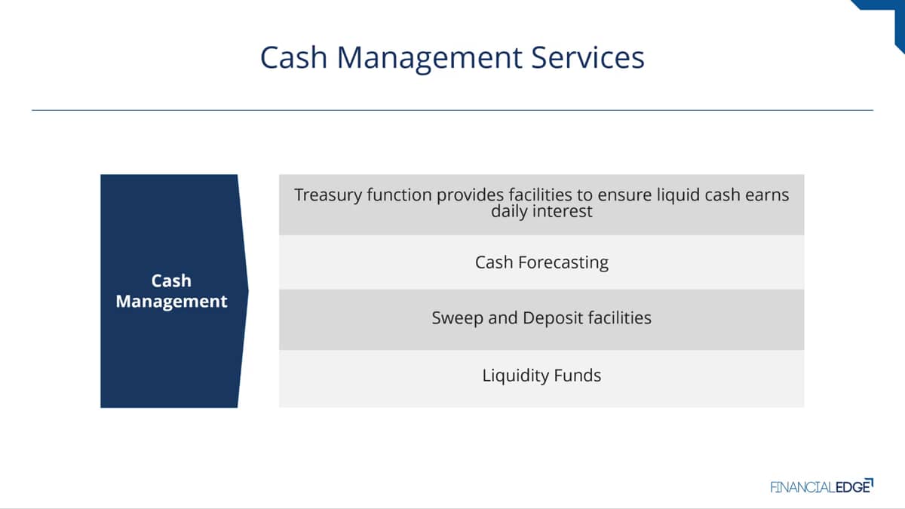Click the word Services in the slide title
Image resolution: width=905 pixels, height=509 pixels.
(x=587, y=57)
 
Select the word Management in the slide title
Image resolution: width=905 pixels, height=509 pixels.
(x=429, y=59)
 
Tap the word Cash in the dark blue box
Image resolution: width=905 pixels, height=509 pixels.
(x=171, y=281)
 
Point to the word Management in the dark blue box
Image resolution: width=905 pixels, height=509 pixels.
(x=171, y=302)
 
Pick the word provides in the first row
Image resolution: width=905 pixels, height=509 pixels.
(x=471, y=195)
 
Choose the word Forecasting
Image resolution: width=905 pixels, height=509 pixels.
(x=563, y=263)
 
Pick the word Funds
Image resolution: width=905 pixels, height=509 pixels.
(x=578, y=376)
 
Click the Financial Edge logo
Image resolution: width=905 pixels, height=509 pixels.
(x=822, y=486)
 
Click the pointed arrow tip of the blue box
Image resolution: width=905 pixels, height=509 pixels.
(x=248, y=291)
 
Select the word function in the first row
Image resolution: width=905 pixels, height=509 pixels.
(x=399, y=195)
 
